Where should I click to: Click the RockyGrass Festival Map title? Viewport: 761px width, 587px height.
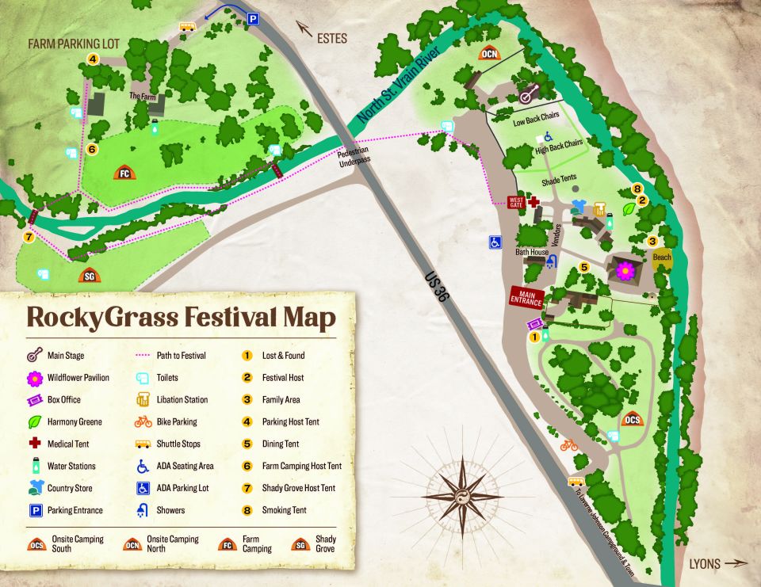pyautogui.click(x=181, y=317)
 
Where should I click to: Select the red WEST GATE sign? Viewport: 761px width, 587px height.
pyautogui.click(x=516, y=203)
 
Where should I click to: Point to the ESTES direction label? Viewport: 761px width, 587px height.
pyautogui.click(x=331, y=37)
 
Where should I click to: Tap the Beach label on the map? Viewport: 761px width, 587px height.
pyautogui.click(x=661, y=257)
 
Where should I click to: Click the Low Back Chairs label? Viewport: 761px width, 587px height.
pyautogui.click(x=536, y=123)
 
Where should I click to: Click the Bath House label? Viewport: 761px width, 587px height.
pyautogui.click(x=531, y=253)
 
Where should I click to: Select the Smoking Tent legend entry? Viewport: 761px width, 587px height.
pyautogui.click(x=284, y=510)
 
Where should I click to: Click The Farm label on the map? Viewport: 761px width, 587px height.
pyautogui.click(x=143, y=96)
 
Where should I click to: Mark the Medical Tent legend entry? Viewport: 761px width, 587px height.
pyautogui.click(x=71, y=444)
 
